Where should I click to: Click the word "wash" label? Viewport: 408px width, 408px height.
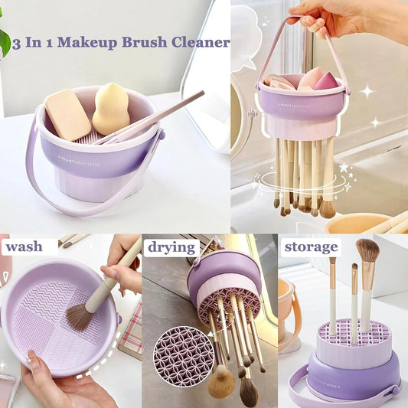point(23,247)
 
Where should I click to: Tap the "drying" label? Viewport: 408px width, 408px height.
point(171,247)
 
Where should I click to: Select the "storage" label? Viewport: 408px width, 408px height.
point(311,246)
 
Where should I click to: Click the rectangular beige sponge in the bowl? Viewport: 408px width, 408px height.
point(67,115)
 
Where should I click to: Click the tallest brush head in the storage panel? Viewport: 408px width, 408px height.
point(367,250)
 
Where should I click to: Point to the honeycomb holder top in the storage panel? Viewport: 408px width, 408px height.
point(354,332)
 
